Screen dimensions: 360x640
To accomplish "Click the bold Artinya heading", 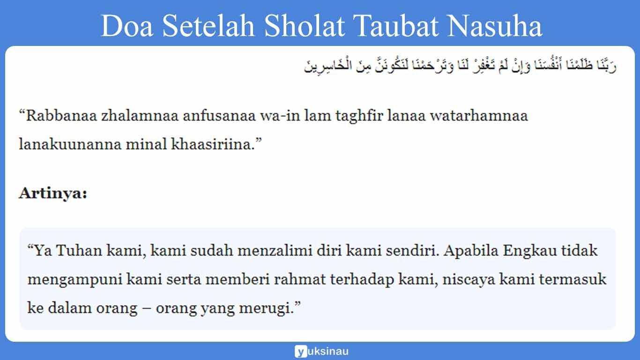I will click(x=53, y=193).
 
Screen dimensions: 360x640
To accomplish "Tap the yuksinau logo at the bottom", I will click(x=321, y=351).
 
